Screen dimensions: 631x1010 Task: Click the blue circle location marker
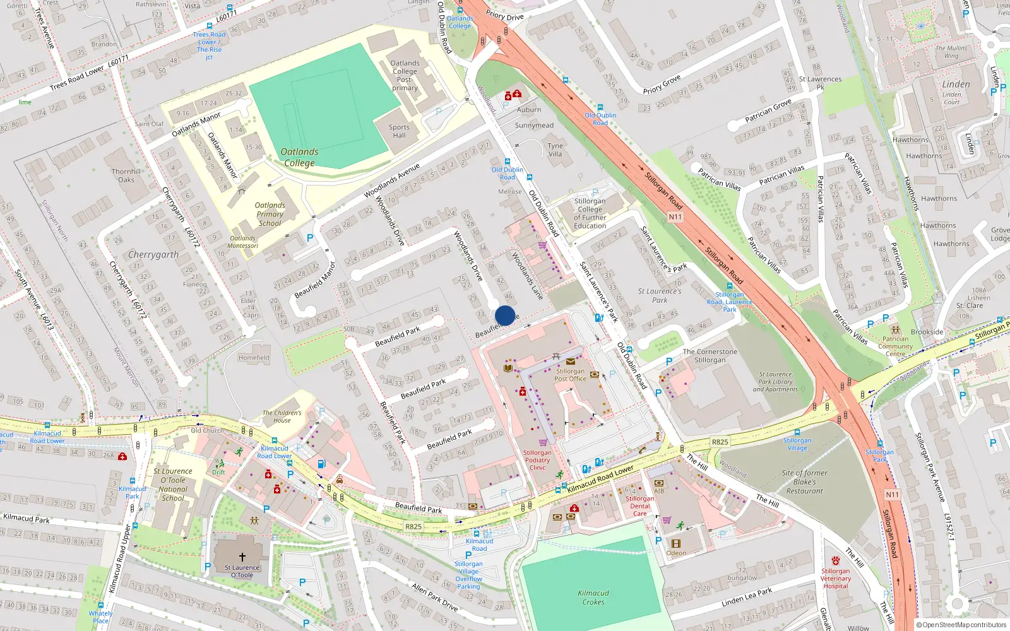click(x=505, y=315)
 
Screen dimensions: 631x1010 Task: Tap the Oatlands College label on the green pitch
click(x=299, y=157)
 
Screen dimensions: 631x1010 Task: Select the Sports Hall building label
click(x=399, y=131)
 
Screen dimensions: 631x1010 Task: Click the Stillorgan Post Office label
click(x=570, y=375)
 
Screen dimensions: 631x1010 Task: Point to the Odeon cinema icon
click(x=676, y=543)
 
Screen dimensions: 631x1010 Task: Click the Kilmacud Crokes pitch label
click(x=593, y=598)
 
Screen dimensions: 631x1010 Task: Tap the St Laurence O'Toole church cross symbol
click(x=242, y=557)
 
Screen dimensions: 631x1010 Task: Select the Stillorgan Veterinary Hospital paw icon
click(x=836, y=560)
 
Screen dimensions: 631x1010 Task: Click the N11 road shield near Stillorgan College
click(x=675, y=217)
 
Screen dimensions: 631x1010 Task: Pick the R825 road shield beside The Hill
click(x=720, y=442)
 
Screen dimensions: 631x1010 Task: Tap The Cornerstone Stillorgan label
click(x=710, y=356)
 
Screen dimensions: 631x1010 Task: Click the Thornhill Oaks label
click(x=126, y=175)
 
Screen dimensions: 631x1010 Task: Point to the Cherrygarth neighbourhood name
click(x=153, y=255)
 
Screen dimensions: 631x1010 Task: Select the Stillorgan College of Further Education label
click(x=590, y=213)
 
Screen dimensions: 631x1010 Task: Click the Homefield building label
click(x=254, y=358)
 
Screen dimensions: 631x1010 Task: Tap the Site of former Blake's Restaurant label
click(x=804, y=482)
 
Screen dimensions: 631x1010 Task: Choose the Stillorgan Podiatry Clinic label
click(x=537, y=460)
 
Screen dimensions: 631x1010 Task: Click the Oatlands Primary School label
click(x=270, y=214)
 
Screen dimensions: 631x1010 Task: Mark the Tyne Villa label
click(x=555, y=150)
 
